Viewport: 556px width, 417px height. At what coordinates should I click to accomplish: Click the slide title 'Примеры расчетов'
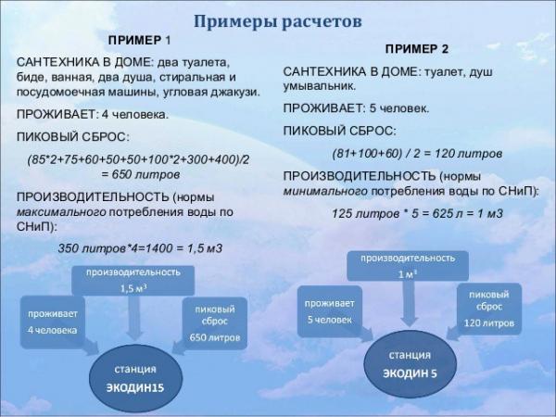(277, 20)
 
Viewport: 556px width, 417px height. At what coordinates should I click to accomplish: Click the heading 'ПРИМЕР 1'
(140, 42)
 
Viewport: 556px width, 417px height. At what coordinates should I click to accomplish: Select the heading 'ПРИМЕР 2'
(416, 48)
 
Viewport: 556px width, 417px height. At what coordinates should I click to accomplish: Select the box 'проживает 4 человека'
(52, 322)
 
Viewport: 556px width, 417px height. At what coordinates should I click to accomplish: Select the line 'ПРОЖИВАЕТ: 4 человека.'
(93, 115)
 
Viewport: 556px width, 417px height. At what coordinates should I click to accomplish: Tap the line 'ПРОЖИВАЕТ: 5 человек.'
(356, 107)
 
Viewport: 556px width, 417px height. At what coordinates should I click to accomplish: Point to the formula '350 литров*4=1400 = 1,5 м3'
(140, 248)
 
